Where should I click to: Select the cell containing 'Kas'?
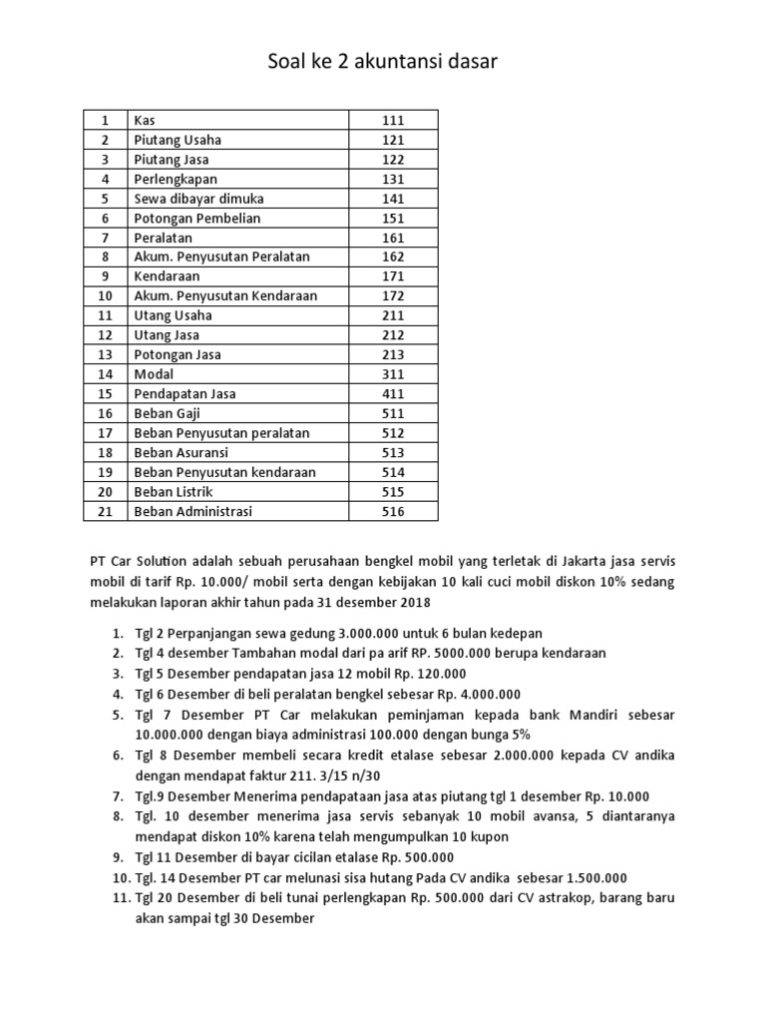[144, 121]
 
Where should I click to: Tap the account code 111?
[393, 121]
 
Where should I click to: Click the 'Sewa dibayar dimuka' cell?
[198, 199]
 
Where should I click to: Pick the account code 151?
[393, 219]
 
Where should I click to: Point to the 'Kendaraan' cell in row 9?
[167, 276]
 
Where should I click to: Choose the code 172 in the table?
[393, 296]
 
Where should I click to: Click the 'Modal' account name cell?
[154, 374]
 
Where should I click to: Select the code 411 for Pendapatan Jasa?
[393, 394]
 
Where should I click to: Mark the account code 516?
[393, 511]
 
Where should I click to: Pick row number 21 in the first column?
[103, 511]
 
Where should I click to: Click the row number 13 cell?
[103, 355]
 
